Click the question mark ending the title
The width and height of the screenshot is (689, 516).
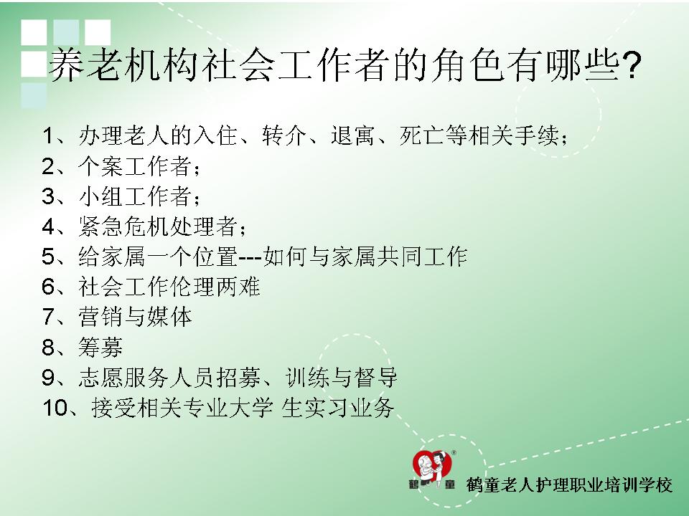pyautogui.click(x=632, y=66)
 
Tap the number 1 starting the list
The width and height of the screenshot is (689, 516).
pyautogui.click(x=48, y=135)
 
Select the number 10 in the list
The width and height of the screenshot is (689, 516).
pyautogui.click(x=55, y=408)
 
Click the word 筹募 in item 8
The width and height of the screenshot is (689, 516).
pyautogui.click(x=101, y=348)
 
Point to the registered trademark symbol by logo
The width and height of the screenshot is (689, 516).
pyautogui.click(x=454, y=452)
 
